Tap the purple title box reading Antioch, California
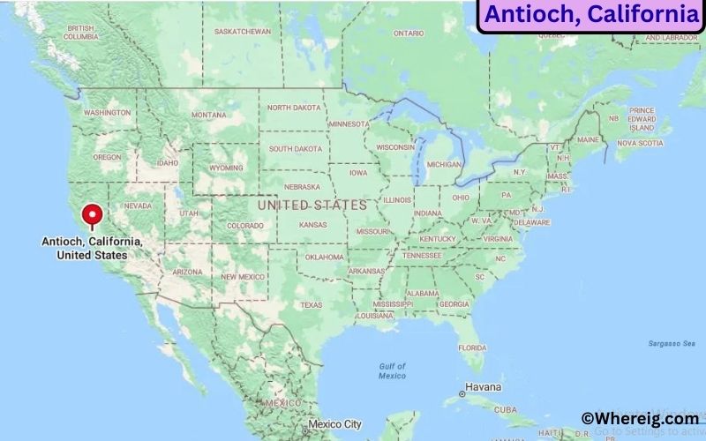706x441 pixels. click(x=590, y=15)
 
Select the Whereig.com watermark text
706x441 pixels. click(x=639, y=419)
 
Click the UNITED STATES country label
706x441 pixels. click(x=312, y=205)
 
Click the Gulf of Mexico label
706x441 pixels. click(x=393, y=370)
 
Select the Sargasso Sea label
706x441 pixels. click(x=668, y=343)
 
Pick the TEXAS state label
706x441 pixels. click(x=311, y=305)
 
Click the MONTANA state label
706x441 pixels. click(x=208, y=115)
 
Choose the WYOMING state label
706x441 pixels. click(x=226, y=168)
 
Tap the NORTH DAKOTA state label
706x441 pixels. click(x=294, y=108)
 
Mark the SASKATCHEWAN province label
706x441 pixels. click(x=243, y=31)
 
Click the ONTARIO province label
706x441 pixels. click(x=409, y=34)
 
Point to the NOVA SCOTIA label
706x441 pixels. click(x=640, y=142)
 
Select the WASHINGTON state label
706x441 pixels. click(x=108, y=113)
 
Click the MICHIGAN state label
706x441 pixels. click(x=443, y=164)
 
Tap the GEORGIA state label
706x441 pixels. click(x=454, y=304)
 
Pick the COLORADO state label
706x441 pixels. click(x=244, y=226)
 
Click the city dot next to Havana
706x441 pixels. click(x=462, y=393)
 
